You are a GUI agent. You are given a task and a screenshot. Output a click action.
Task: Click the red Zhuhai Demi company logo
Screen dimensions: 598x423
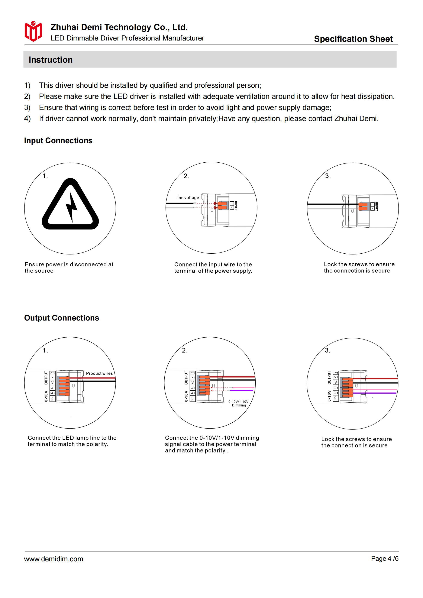[33, 31]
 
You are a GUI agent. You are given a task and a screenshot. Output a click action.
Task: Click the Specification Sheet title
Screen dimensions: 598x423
[353, 39]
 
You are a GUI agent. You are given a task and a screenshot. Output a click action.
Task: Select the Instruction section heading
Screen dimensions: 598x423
[51, 60]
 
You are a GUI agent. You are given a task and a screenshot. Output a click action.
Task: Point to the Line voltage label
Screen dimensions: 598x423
[187, 198]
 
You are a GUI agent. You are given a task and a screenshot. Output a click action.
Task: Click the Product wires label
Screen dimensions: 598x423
[99, 373]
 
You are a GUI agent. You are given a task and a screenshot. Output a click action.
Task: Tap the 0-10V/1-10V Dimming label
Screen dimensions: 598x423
[239, 403]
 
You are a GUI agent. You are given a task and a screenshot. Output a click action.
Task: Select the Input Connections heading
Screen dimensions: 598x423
[58, 141]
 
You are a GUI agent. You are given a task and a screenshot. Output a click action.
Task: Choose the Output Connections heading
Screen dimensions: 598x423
[61, 318]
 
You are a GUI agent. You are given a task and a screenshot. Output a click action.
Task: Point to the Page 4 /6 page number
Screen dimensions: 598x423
[384, 558]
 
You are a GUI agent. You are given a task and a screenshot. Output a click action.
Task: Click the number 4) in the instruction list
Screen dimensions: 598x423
[27, 119]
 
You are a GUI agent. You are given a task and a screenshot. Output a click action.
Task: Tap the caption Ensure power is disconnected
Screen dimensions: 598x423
[69, 267]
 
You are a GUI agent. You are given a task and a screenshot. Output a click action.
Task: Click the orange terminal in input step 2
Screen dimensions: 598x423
[222, 205]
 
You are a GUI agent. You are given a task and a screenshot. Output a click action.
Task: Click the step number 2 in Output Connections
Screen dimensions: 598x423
[184, 350]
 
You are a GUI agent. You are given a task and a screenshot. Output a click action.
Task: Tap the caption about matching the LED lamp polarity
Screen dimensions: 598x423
[72, 441]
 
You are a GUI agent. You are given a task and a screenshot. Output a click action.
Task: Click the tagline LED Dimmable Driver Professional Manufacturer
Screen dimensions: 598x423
[127, 38]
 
